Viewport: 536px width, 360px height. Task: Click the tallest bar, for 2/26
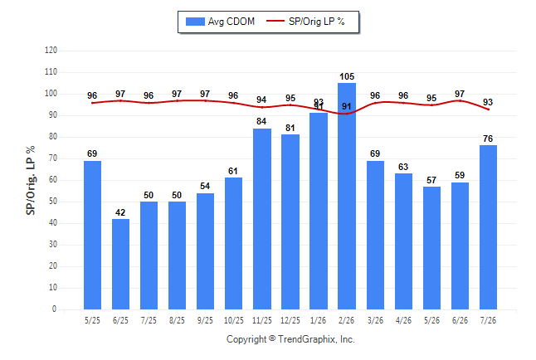click(347, 196)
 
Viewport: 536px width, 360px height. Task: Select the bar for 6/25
click(120, 264)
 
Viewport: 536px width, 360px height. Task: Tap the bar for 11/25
click(262, 219)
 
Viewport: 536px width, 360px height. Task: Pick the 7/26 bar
click(488, 227)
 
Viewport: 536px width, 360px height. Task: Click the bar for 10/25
click(233, 243)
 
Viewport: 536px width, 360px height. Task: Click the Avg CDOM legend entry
click(220, 22)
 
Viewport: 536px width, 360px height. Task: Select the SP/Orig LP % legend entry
click(305, 22)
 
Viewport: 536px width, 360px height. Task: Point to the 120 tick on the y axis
click(51, 51)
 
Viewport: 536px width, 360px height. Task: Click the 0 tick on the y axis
click(54, 309)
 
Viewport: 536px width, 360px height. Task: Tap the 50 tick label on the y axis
click(53, 202)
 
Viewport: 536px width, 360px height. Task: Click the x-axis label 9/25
click(205, 320)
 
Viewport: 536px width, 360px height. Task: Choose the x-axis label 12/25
click(290, 320)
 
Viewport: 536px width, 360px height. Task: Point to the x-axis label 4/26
click(403, 320)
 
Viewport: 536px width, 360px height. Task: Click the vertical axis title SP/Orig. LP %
click(31, 180)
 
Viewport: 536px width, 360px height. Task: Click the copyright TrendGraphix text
click(290, 339)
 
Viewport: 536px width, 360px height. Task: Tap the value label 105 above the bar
click(347, 76)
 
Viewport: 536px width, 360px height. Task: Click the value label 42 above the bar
click(120, 212)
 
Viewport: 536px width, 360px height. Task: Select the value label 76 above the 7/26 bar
click(488, 139)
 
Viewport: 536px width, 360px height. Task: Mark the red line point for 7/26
click(488, 109)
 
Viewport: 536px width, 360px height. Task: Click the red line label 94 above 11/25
click(261, 100)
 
